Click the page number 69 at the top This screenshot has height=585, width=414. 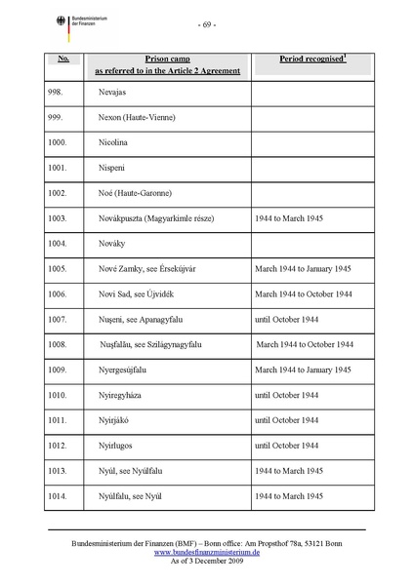pos(207,23)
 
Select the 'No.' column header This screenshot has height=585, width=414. pos(62,59)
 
